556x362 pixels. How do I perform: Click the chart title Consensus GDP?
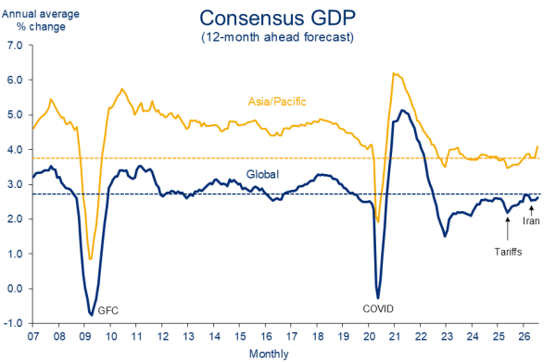(277, 19)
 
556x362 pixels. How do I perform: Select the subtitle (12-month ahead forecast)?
(277, 37)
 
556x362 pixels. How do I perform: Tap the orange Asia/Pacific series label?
(277, 102)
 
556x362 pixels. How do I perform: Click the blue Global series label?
(262, 174)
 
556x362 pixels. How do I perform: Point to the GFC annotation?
(107, 311)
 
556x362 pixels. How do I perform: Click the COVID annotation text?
(378, 309)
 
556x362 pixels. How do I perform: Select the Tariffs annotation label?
(508, 252)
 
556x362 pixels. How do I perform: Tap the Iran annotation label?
(531, 221)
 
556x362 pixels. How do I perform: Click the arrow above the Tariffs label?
(508, 230)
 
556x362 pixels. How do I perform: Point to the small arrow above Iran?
(531, 211)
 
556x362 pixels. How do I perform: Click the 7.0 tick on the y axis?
(15, 45)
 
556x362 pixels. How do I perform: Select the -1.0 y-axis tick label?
(14, 323)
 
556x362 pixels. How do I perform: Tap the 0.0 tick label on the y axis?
(15, 288)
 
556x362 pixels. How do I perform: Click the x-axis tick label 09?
(85, 336)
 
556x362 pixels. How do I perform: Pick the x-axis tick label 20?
(369, 336)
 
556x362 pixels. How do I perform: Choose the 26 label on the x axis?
(524, 336)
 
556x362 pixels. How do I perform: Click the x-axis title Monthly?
(269, 354)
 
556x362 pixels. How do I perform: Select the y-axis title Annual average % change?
(41, 20)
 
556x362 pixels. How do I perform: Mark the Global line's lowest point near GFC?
(91, 314)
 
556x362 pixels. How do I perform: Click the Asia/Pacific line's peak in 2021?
(394, 73)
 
